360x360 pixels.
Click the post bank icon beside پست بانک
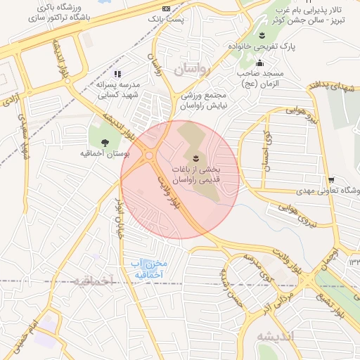click(x=166, y=8)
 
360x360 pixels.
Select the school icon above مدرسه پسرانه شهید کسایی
click(x=117, y=74)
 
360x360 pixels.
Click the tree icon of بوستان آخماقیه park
click(x=105, y=142)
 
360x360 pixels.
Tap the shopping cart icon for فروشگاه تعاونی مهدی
click(x=331, y=180)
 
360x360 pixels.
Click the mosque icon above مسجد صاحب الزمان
click(x=259, y=63)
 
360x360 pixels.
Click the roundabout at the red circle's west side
click(x=149, y=155)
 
